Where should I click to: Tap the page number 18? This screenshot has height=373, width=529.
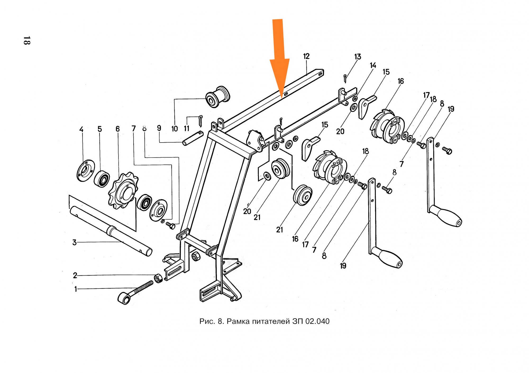point(27,40)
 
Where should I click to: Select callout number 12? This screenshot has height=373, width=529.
point(306,56)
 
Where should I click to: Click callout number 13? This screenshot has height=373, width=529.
point(358,57)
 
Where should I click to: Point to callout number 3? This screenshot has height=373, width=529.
point(75,242)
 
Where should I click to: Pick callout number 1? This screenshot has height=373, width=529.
point(76,289)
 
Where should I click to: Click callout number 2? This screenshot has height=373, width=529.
point(75,275)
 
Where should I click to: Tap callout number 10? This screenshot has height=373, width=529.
point(175,129)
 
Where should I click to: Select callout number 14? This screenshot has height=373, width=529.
point(373,65)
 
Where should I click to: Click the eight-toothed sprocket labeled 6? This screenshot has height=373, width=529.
point(123,190)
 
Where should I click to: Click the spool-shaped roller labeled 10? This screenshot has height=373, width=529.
point(218,97)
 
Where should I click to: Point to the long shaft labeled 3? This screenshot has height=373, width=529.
point(111,231)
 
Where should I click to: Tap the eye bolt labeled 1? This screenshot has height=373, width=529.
point(135,292)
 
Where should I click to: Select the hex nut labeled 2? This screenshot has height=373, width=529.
point(158,278)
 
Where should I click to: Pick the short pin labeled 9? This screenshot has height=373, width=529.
point(193,138)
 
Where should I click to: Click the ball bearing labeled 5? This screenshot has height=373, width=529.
point(102,179)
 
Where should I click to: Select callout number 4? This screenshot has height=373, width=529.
point(81,129)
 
